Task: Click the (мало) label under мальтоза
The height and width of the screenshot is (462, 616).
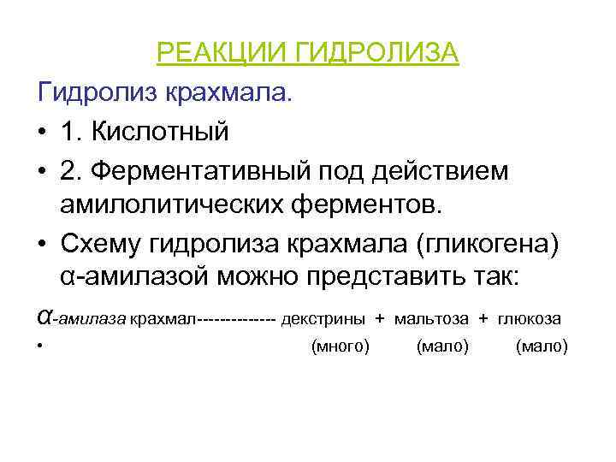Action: pos(442,346)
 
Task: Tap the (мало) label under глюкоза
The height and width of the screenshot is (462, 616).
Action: pos(542,346)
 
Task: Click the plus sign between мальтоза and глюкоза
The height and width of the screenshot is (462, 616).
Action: pos(483,319)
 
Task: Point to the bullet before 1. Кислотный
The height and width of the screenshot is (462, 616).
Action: pos(42,133)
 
